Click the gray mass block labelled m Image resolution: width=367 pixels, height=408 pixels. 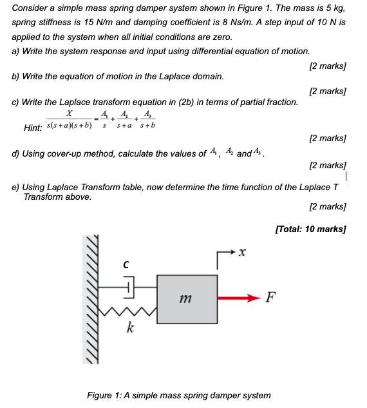pyautogui.click(x=186, y=298)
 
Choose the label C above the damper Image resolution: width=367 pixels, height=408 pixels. pyautogui.click(x=127, y=263)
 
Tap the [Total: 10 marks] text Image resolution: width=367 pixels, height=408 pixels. pyautogui.click(x=310, y=229)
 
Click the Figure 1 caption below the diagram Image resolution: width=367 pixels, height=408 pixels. pyautogui.click(x=179, y=394)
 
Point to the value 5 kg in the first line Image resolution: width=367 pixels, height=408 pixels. pyautogui.click(x=334, y=9)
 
